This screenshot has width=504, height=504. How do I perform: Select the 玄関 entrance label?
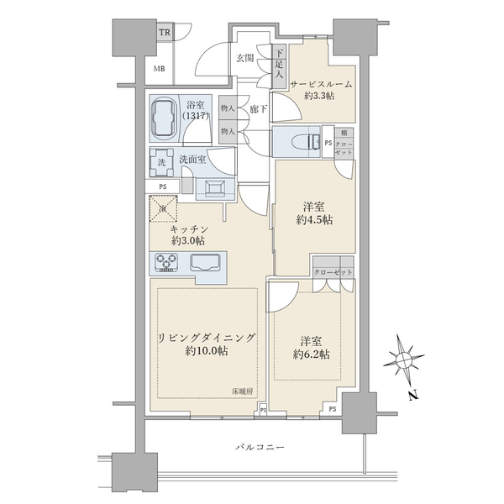tap(244, 58)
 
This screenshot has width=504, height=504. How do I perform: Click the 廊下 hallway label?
tap(258, 108)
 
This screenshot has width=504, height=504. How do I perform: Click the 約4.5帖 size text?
tap(313, 221)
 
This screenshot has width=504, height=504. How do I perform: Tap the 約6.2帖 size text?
tap(312, 355)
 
